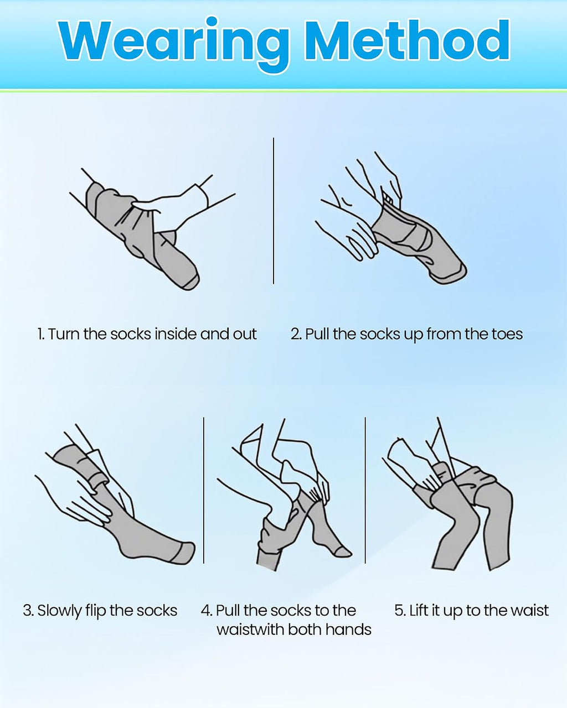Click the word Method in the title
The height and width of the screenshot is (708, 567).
click(x=408, y=40)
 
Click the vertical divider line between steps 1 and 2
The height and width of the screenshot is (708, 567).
click(x=274, y=211)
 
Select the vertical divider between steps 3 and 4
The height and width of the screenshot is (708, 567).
click(x=204, y=490)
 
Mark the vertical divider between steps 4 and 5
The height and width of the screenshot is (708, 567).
click(x=365, y=490)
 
